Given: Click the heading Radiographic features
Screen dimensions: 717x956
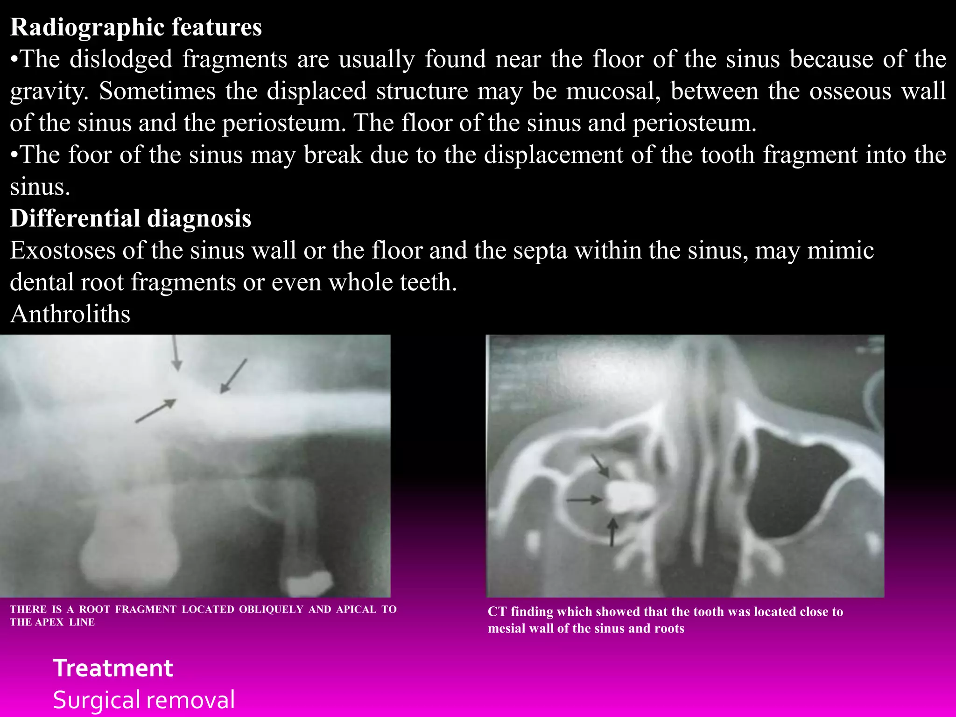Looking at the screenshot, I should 136,27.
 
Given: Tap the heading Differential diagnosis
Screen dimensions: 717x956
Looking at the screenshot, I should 131,218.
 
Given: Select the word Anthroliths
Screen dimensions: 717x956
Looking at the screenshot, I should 70,314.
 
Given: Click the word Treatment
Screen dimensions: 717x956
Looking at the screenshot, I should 113,668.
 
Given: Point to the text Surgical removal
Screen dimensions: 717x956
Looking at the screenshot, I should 144,700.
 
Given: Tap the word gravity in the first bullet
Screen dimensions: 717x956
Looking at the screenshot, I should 49,91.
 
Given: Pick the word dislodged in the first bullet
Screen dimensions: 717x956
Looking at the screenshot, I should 121,59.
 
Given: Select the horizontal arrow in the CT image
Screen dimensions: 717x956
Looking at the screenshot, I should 584,500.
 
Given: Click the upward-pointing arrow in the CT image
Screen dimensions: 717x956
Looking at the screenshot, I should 612,532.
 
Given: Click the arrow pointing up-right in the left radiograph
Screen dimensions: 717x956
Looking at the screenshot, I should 156,411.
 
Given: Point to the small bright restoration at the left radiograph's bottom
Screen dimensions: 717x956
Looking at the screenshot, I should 309,583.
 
